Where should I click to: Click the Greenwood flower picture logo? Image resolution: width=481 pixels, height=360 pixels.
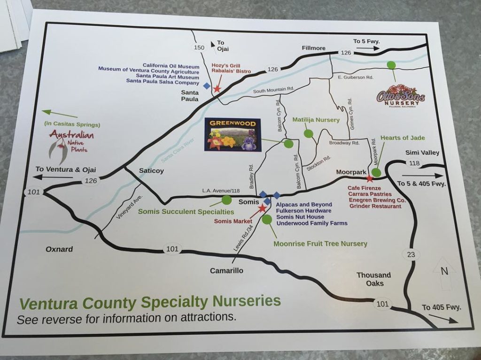pos(233,135)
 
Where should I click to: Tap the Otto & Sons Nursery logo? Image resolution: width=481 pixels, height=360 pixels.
pos(401,96)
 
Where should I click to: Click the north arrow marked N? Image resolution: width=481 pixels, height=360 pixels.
pos(443,274)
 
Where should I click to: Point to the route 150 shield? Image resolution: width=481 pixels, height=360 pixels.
pos(200,47)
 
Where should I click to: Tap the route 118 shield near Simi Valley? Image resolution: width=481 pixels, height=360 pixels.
pos(414,163)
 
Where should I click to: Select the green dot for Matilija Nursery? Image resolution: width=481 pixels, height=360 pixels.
pos(308,133)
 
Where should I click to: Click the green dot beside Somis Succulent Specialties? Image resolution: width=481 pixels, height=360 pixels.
pos(226,200)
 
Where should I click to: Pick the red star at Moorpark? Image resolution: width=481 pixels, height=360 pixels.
pos(370,178)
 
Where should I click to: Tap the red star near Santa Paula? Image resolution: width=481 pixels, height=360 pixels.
pos(217,88)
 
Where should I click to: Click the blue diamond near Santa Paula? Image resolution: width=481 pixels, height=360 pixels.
pos(206,85)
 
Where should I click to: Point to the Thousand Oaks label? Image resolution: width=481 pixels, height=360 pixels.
pos(373,279)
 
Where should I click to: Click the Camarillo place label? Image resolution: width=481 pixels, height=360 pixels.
pos(226,270)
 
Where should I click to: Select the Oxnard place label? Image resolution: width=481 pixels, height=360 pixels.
pos(59,249)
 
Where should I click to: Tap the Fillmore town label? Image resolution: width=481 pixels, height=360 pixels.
pos(314,48)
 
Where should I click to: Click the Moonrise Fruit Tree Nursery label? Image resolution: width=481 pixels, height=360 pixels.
pos(320,244)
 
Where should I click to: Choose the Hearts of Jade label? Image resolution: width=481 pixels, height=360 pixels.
pos(403,138)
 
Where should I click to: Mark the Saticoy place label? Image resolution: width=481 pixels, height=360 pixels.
pos(151,171)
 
